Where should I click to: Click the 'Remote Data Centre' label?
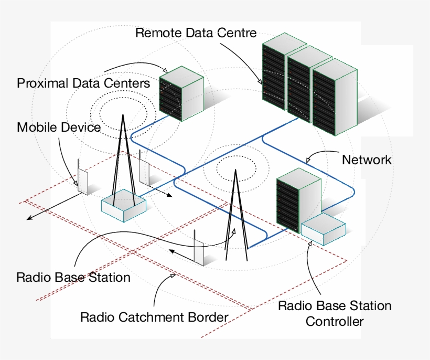pos(196,33)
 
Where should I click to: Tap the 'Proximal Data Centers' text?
pos(83,83)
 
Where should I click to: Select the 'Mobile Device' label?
pos(58,127)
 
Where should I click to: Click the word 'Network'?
pos(367,160)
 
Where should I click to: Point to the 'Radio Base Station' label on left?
pos(73,277)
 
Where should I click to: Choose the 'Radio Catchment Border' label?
pos(154,317)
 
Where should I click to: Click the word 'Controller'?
pos(335,321)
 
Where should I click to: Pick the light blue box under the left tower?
pos(123,205)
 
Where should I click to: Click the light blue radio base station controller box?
pos(324,229)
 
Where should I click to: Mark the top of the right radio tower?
pos(235,171)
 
